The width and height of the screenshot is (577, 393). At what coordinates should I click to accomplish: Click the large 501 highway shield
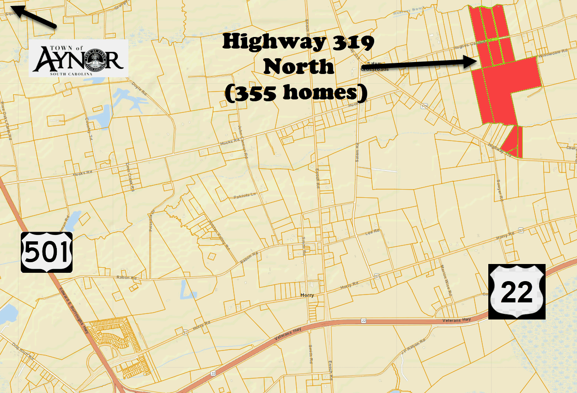pos(47,252)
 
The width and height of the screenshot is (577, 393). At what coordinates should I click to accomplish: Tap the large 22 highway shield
pos(517,291)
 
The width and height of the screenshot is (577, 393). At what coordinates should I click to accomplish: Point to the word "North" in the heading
pos(298,68)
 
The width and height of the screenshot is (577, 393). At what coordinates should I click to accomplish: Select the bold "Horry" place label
pos(307,295)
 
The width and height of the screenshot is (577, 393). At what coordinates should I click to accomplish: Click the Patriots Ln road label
pos(244,196)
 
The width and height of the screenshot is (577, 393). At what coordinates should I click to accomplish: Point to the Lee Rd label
pos(372,231)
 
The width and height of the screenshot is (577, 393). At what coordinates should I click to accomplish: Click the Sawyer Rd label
pos(499,190)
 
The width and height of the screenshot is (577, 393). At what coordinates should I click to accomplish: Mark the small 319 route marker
pos(424,106)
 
